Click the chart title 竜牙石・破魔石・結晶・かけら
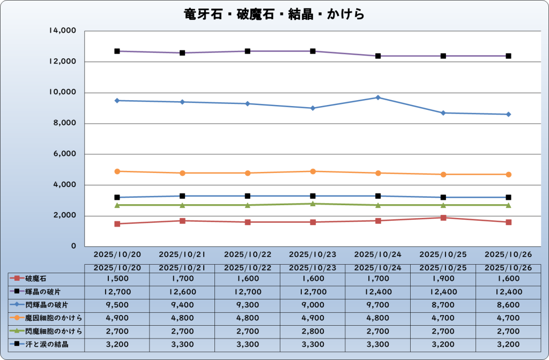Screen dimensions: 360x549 click(274, 13)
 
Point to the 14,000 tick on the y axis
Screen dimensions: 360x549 click(62, 31)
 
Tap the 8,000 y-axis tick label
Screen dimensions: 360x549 click(64, 123)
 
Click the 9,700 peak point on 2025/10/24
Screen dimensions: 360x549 click(378, 97)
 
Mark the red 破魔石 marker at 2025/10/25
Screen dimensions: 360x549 click(443, 217)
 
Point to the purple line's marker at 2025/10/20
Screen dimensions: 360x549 click(117, 51)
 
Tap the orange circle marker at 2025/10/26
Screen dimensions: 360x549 click(508, 174)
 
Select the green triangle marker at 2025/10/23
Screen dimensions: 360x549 click(313, 204)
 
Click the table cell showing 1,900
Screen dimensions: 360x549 click(443, 279)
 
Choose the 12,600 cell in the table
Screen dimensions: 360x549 click(182, 292)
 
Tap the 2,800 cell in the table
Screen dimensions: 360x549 click(313, 331)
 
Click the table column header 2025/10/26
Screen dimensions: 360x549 click(508, 267)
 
